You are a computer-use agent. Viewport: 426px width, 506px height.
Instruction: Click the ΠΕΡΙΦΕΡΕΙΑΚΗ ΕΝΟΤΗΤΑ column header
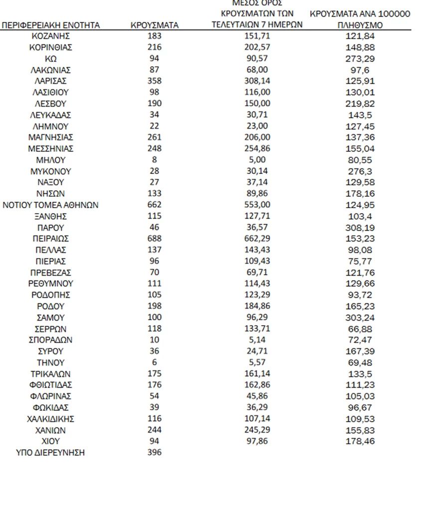coord(51,25)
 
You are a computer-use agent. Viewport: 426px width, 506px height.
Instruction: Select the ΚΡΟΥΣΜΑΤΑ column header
coord(154,25)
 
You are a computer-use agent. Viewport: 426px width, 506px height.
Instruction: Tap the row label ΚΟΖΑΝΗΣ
coord(51,36)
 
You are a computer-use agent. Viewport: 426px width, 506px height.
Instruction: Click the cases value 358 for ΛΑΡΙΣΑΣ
coord(154,81)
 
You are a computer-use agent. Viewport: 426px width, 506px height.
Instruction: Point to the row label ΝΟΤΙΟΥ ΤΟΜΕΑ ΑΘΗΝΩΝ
coord(51,205)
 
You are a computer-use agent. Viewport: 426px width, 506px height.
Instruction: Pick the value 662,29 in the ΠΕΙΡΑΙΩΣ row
coord(257,239)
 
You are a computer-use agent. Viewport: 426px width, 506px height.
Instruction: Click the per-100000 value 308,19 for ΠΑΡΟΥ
coord(360,228)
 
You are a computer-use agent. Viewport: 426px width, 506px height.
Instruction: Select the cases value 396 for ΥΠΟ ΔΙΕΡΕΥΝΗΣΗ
coord(154,453)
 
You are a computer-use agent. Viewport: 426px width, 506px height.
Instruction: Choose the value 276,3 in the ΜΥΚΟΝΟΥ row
coord(360,171)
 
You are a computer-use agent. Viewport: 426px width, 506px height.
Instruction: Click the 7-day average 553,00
coord(257,205)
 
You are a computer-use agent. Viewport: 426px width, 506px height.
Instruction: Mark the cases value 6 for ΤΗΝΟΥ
coord(154,363)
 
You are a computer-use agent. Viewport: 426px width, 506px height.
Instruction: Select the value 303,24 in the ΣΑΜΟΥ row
coord(360,318)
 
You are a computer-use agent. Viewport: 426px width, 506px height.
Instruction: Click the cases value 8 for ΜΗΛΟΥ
coord(154,160)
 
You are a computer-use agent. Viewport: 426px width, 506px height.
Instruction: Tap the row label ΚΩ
coord(51,59)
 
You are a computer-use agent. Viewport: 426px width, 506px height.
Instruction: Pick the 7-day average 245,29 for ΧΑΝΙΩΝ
coord(257,430)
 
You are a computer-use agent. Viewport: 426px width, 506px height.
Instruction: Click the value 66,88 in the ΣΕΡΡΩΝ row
coord(360,329)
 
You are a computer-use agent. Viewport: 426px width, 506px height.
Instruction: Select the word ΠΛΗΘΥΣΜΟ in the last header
coord(360,25)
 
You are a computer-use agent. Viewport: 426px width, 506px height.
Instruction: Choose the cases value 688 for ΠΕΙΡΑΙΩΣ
coord(154,239)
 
